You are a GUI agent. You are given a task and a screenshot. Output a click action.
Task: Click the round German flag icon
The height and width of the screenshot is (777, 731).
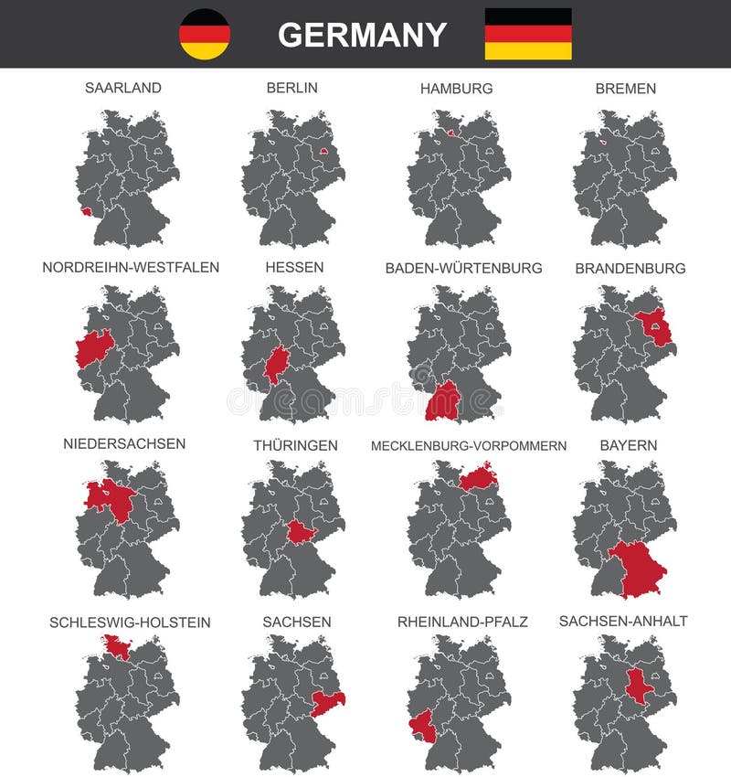205,34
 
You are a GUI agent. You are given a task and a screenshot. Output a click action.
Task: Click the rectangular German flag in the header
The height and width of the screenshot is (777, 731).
527,34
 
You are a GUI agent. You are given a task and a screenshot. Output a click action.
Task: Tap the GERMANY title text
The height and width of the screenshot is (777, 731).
363,35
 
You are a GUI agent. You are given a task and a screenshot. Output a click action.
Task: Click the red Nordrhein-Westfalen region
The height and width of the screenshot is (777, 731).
92,348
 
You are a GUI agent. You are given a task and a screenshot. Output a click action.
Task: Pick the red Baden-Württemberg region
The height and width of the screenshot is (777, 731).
443,400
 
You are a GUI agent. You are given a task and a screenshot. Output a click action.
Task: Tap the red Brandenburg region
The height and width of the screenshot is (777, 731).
653,328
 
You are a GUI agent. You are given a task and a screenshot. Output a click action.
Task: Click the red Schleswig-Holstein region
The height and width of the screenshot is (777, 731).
116,647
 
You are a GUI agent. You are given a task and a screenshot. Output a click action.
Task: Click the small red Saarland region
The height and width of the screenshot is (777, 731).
86,212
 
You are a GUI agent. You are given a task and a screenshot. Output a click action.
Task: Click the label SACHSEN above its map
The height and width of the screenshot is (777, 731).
297,622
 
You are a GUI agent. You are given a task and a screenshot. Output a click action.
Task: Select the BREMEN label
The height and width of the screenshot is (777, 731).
625,89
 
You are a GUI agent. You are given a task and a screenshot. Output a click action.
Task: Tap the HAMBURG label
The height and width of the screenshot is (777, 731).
456,89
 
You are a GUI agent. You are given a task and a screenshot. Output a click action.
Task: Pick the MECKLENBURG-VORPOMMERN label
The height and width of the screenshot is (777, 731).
468,446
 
